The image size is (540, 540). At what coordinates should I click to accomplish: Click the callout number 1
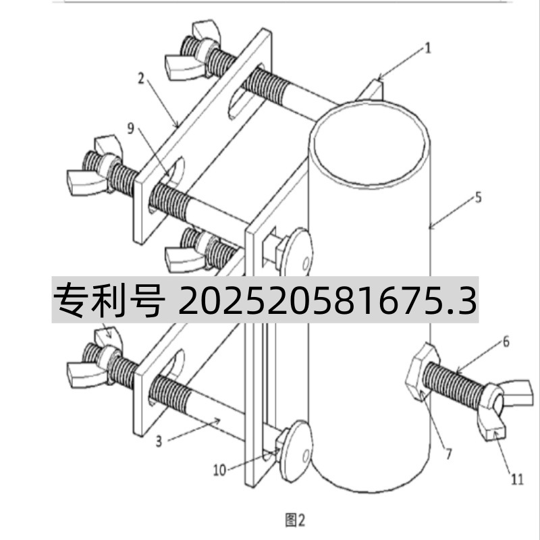[427, 47]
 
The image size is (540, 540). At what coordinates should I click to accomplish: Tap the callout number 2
[140, 79]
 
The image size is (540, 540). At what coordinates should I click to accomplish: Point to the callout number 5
[477, 198]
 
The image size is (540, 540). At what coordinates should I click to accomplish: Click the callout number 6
[505, 343]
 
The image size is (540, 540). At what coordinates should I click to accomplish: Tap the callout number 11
[516, 479]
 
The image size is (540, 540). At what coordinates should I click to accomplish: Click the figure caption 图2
[295, 520]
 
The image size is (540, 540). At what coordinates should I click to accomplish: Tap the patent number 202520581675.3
[327, 302]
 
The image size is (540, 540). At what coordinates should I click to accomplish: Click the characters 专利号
[108, 302]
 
